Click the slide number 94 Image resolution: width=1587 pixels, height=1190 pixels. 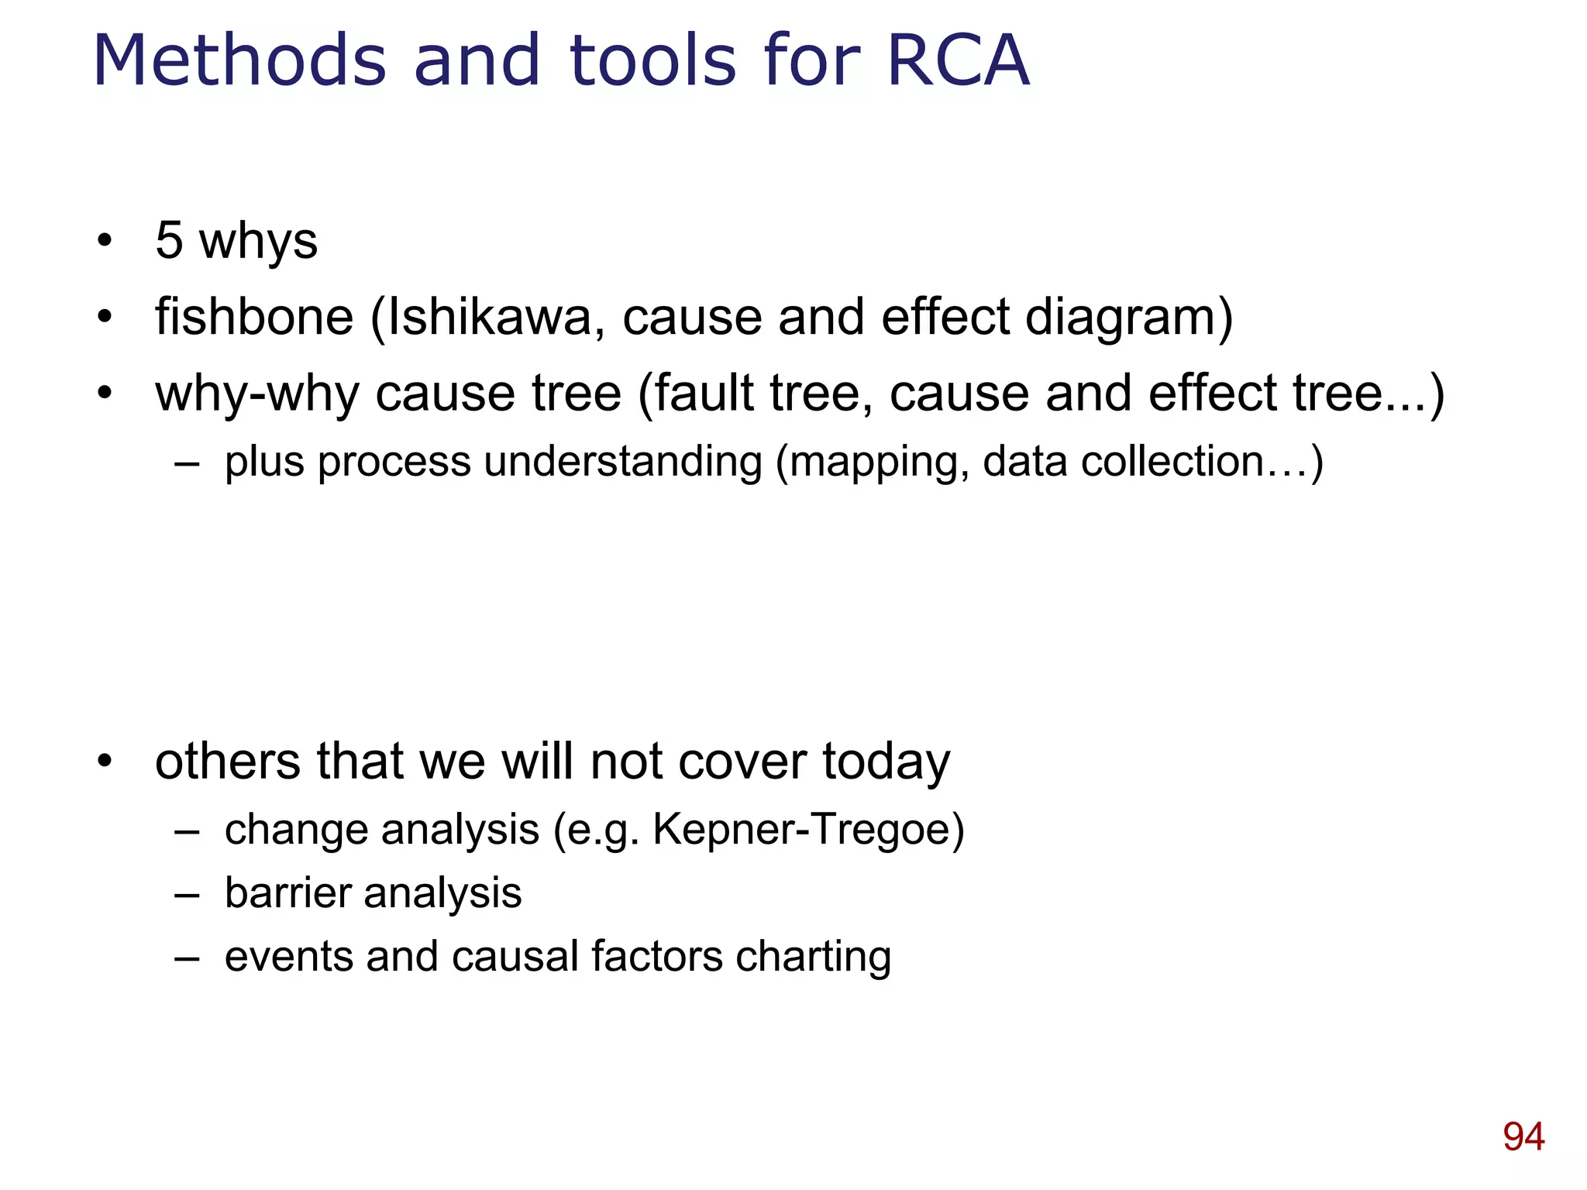(x=1523, y=1137)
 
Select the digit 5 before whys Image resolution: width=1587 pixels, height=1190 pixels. (x=169, y=240)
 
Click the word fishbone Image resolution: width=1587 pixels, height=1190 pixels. (x=254, y=318)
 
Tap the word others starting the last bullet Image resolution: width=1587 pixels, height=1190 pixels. (x=227, y=761)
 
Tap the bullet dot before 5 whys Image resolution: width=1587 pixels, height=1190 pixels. (x=105, y=241)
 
